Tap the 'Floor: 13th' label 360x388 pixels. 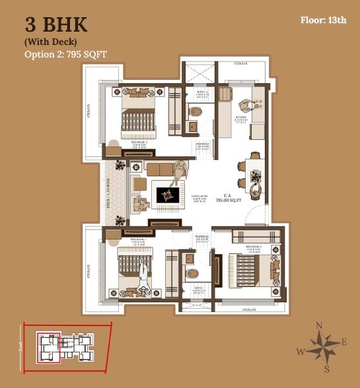(322, 20)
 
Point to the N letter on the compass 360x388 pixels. (319, 325)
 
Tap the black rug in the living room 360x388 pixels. (165, 194)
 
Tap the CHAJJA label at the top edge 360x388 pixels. (242, 64)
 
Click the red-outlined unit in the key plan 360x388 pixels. (48, 344)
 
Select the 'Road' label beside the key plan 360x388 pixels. (20, 343)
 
